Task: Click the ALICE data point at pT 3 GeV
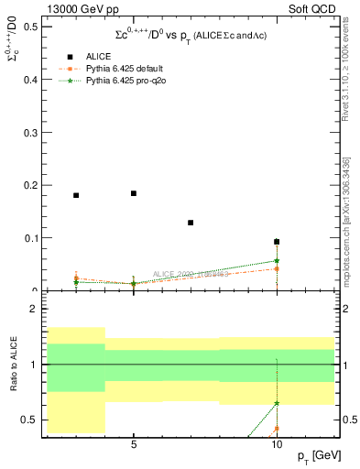[x=76, y=195]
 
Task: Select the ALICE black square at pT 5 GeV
[x=134, y=193]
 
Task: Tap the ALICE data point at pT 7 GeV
[x=191, y=223]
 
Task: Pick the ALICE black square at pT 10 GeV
[x=277, y=242]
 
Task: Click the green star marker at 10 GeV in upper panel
[x=277, y=261]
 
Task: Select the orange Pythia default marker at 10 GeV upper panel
[x=277, y=268]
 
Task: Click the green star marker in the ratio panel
[x=277, y=403]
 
